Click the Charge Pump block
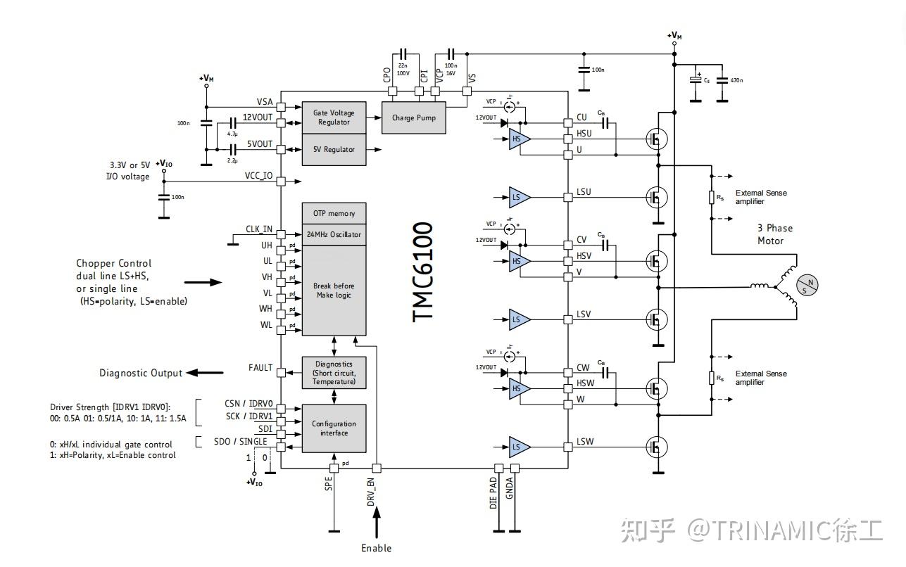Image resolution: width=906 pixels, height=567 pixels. point(413,118)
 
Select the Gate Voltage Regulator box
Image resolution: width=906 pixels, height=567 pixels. point(334,117)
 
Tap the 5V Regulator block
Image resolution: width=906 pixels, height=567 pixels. point(334,150)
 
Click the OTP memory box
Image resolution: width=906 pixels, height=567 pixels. point(334,214)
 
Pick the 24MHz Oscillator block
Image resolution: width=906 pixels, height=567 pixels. point(334,235)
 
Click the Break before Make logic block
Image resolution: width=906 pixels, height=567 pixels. point(334,291)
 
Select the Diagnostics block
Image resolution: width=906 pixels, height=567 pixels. point(334,373)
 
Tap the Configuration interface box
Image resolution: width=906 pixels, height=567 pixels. point(334,428)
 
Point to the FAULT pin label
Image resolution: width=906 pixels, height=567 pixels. point(260,368)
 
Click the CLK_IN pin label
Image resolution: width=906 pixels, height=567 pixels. point(258,229)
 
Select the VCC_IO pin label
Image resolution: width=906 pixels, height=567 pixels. point(258,176)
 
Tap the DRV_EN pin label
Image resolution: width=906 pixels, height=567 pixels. point(371,492)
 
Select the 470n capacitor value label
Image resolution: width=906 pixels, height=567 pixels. point(737,81)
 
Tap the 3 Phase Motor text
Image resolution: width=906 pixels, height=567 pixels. point(774,234)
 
